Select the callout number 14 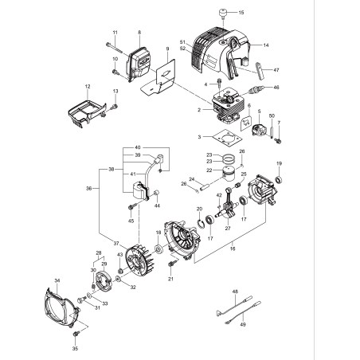(x=266, y=45)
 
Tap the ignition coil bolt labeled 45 (x=130, y=213)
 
